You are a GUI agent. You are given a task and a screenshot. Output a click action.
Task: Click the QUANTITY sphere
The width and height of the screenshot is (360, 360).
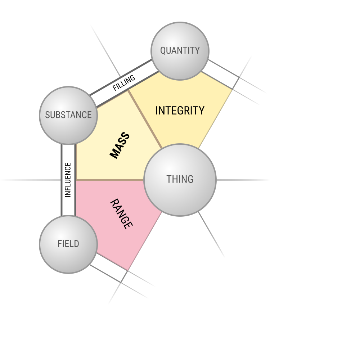pyautogui.click(x=180, y=51)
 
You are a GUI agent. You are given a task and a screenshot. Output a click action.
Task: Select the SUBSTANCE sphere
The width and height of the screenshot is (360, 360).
pyautogui.click(x=68, y=116)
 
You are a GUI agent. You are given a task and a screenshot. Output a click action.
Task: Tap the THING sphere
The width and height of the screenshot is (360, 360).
pyautogui.click(x=180, y=180)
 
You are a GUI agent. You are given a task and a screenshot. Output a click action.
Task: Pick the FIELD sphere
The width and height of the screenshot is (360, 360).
pyautogui.click(x=68, y=244)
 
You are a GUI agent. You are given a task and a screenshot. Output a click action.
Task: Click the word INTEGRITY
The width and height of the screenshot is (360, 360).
pyautogui.click(x=180, y=111)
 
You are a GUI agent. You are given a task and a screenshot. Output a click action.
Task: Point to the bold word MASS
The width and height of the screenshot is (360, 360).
pyautogui.click(x=120, y=145)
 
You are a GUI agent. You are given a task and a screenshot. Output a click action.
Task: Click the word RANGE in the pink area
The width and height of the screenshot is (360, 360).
pyautogui.click(x=121, y=214)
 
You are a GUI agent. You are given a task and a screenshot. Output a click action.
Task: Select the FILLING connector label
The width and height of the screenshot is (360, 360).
pyautogui.click(x=124, y=83)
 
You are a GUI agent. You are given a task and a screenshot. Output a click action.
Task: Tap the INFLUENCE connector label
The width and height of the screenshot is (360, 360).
pyautogui.click(x=68, y=180)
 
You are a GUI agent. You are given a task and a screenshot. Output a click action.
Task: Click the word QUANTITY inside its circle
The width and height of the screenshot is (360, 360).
pyautogui.click(x=180, y=50)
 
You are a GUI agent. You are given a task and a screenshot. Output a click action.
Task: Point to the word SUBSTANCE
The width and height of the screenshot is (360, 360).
pyautogui.click(x=68, y=115)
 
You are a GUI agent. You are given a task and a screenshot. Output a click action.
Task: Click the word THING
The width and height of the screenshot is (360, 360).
pyautogui.click(x=180, y=179)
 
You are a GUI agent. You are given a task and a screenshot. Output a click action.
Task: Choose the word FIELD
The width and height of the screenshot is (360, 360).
pyautogui.click(x=68, y=244)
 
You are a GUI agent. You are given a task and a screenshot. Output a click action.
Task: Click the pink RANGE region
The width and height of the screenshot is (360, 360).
pyautogui.click(x=115, y=220)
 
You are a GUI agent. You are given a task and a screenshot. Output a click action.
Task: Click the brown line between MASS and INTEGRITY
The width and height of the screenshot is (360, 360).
pyautogui.click(x=145, y=119)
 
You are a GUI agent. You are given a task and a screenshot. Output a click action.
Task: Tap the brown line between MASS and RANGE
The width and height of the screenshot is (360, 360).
pyautogui.click(x=110, y=180)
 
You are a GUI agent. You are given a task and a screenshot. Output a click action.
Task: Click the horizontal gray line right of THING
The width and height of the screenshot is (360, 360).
pyautogui.click(x=243, y=180)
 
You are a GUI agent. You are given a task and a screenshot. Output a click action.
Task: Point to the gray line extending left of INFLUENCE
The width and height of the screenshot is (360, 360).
pyautogui.click(x=31, y=180)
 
